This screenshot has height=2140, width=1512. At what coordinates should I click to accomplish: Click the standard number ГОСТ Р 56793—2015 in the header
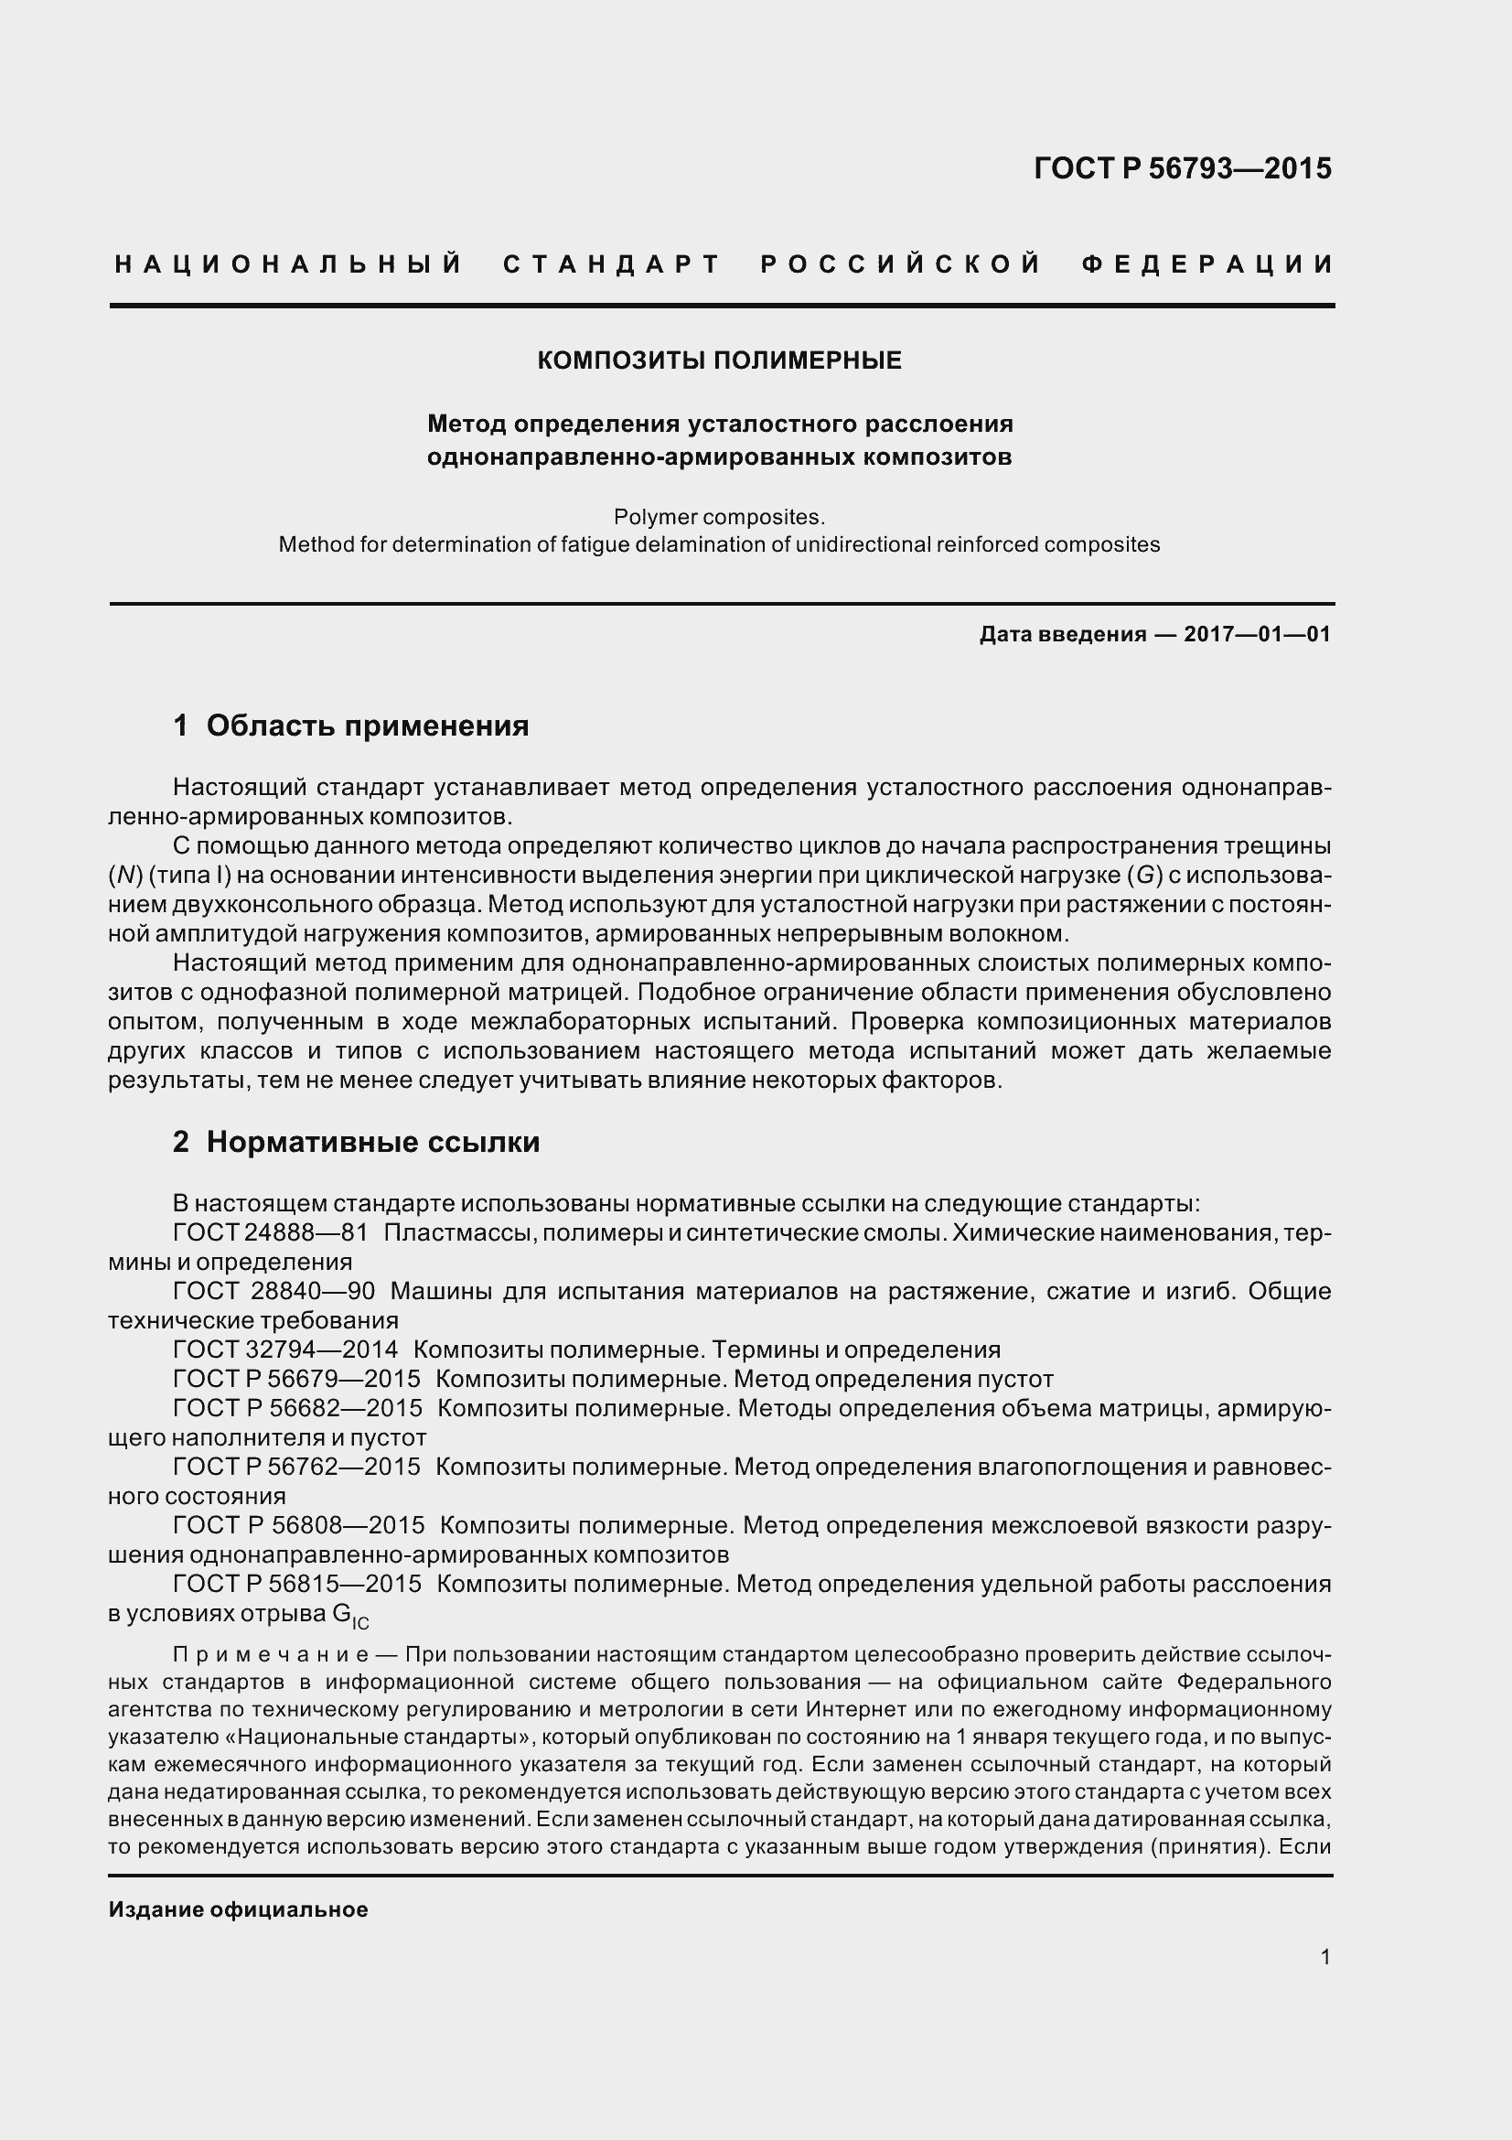1182,168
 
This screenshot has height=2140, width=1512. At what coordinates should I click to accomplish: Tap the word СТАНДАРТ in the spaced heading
612,264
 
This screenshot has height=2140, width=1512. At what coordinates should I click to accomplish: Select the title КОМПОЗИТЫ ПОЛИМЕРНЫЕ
719,360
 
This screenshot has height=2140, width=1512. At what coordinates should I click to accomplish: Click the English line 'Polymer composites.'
719,516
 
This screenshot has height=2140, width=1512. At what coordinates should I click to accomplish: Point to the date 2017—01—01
1257,635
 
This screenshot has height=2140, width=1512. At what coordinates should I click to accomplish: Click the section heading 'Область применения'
367,726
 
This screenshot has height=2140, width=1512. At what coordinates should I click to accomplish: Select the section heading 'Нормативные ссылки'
372,1142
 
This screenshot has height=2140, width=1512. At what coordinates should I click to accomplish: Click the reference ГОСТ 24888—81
270,1233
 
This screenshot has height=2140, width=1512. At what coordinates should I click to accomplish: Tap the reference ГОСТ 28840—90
273,1291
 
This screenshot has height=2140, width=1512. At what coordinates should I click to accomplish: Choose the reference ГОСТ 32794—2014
285,1350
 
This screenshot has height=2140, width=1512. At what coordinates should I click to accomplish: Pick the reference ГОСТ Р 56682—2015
297,1408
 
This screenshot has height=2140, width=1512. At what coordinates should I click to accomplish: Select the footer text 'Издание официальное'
239,1909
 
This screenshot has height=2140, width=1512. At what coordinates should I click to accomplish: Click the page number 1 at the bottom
1324,1957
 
